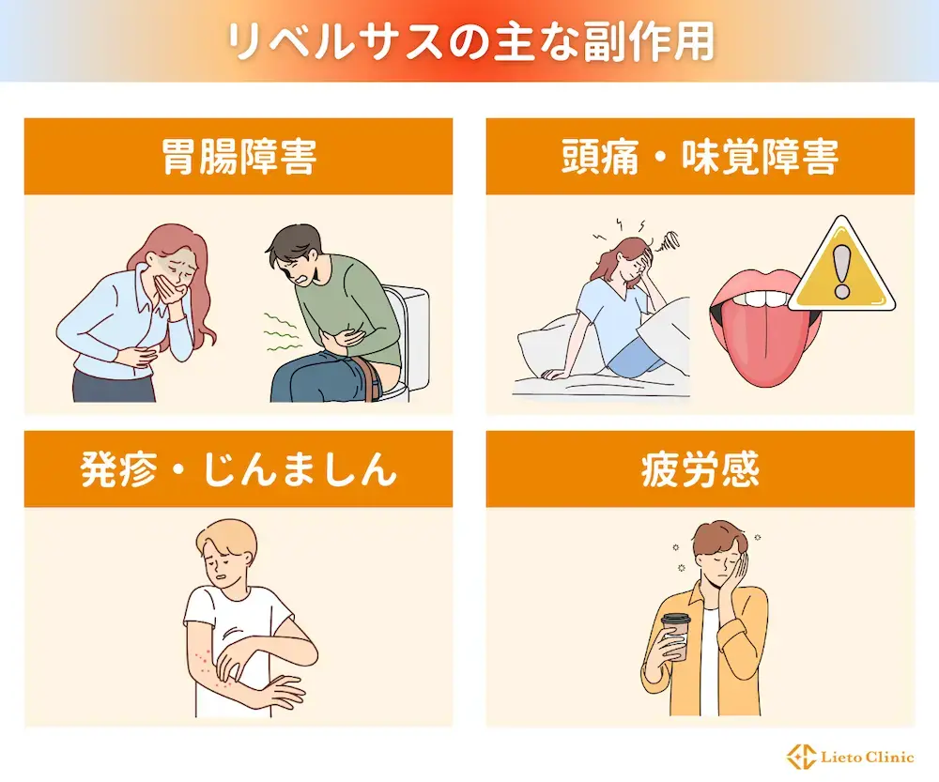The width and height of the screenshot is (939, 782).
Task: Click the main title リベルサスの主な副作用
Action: click(x=469, y=41)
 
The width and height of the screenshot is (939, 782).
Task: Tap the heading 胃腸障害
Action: click(x=238, y=156)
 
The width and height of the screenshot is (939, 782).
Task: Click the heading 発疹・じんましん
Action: click(x=238, y=468)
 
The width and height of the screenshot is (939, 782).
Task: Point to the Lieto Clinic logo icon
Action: click(x=802, y=757)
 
